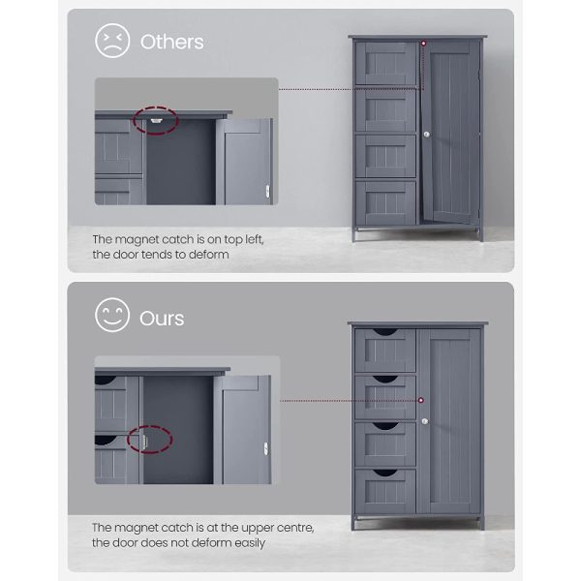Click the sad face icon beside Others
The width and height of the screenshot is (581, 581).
(112, 41)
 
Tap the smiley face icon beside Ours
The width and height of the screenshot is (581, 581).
(112, 315)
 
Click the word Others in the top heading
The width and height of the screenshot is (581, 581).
(172, 42)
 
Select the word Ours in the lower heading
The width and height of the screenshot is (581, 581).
(162, 319)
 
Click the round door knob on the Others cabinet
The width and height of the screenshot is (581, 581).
(426, 135)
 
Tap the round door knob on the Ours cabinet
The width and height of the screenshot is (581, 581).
(425, 421)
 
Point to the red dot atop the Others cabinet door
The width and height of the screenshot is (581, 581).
(423, 44)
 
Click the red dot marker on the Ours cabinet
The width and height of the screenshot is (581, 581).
(421, 400)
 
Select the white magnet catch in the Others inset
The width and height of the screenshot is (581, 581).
(156, 120)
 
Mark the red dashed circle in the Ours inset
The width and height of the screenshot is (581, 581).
(150, 440)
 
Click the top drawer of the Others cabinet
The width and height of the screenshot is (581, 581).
(385, 63)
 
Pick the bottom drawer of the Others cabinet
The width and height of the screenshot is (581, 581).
(385, 202)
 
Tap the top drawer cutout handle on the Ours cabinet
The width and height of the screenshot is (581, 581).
(384, 331)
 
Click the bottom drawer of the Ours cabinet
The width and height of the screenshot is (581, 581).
(385, 491)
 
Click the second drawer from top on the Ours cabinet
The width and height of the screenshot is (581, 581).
(385, 397)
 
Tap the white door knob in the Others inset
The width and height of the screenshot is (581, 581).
(267, 191)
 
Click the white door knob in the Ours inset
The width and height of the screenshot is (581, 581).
(266, 448)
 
